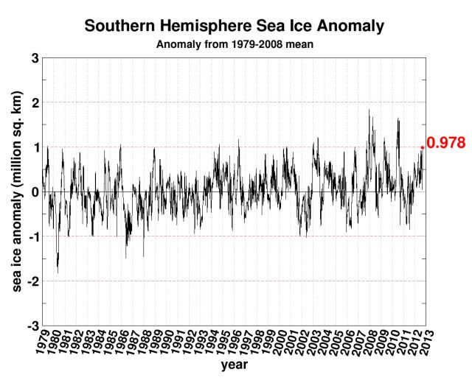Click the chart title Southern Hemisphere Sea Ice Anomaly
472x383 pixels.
pyautogui.click(x=235, y=27)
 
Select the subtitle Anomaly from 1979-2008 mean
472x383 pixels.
pyautogui.click(x=234, y=44)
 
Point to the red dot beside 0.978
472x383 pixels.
pyautogui.click(x=422, y=147)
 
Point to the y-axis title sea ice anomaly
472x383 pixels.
pyautogui.click(x=16, y=191)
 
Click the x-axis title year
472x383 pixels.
pyautogui.click(x=235, y=365)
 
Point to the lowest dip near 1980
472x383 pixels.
pyautogui.click(x=58, y=273)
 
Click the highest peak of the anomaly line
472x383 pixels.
pyautogui.click(x=369, y=110)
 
